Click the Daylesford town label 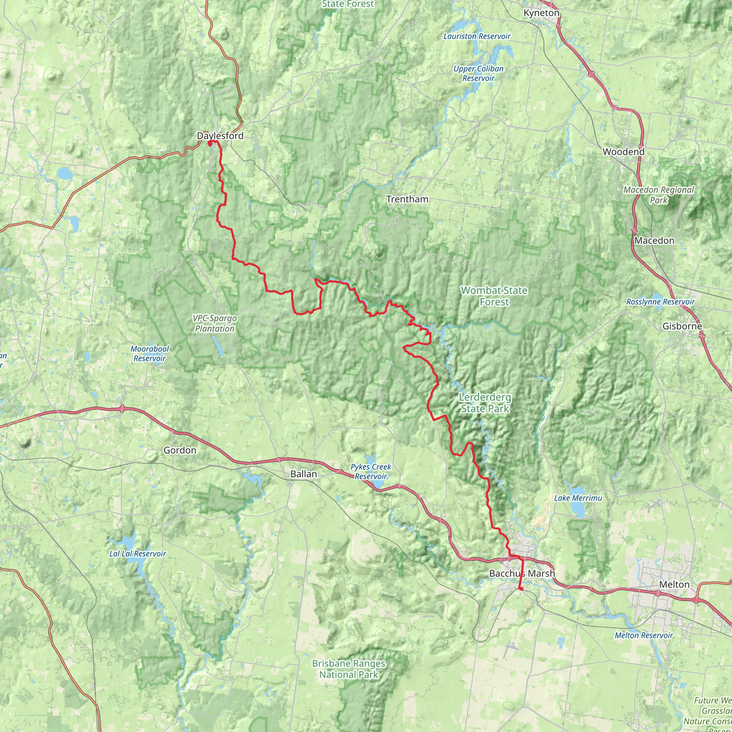pos(220,135)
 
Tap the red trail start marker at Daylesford pos(209,143)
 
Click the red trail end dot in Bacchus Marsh pos(521,588)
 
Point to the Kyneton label pos(541,13)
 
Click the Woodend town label pos(623,152)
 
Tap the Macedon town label pos(654,241)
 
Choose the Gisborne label pos(682,326)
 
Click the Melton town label pos(674,584)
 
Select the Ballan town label pos(303,474)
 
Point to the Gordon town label pos(180,450)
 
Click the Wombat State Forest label pos(494,296)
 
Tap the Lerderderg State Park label pos(485,403)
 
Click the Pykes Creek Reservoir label pos(371,471)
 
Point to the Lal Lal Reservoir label pos(138,554)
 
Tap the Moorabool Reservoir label pos(150,353)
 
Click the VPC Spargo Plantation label pos(214,323)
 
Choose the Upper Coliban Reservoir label pos(479,74)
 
